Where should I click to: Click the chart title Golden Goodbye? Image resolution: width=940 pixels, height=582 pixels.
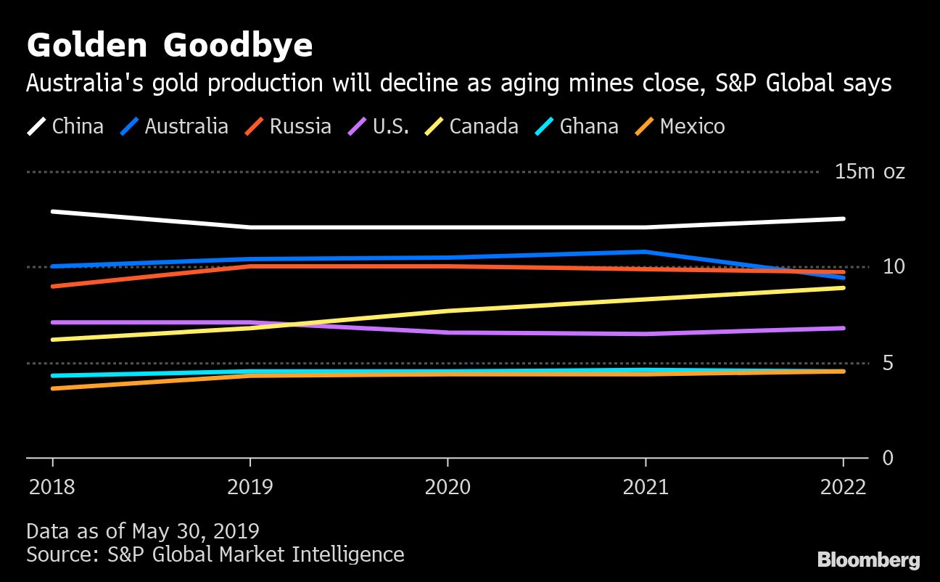pos(170,46)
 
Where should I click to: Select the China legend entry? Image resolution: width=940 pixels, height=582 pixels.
pos(65,126)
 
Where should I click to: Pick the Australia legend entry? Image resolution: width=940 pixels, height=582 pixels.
pos(174,126)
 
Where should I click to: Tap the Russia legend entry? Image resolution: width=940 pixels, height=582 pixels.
pos(289,126)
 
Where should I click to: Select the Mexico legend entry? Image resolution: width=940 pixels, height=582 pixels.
pos(680,126)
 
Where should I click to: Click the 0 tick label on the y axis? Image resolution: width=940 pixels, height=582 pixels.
pos(888,458)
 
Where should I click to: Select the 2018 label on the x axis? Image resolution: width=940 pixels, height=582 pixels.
pos(51,486)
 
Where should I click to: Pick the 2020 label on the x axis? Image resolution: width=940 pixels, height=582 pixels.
pos(448,486)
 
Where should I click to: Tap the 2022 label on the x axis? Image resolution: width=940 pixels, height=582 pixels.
pos(843,486)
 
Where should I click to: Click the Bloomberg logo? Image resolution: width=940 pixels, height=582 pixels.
pos(869,560)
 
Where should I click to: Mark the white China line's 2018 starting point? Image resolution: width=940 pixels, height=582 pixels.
pos(52,211)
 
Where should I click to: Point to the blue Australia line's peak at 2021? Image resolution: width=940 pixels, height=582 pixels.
pos(646,252)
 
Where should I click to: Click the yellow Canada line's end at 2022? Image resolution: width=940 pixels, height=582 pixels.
pos(844,288)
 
